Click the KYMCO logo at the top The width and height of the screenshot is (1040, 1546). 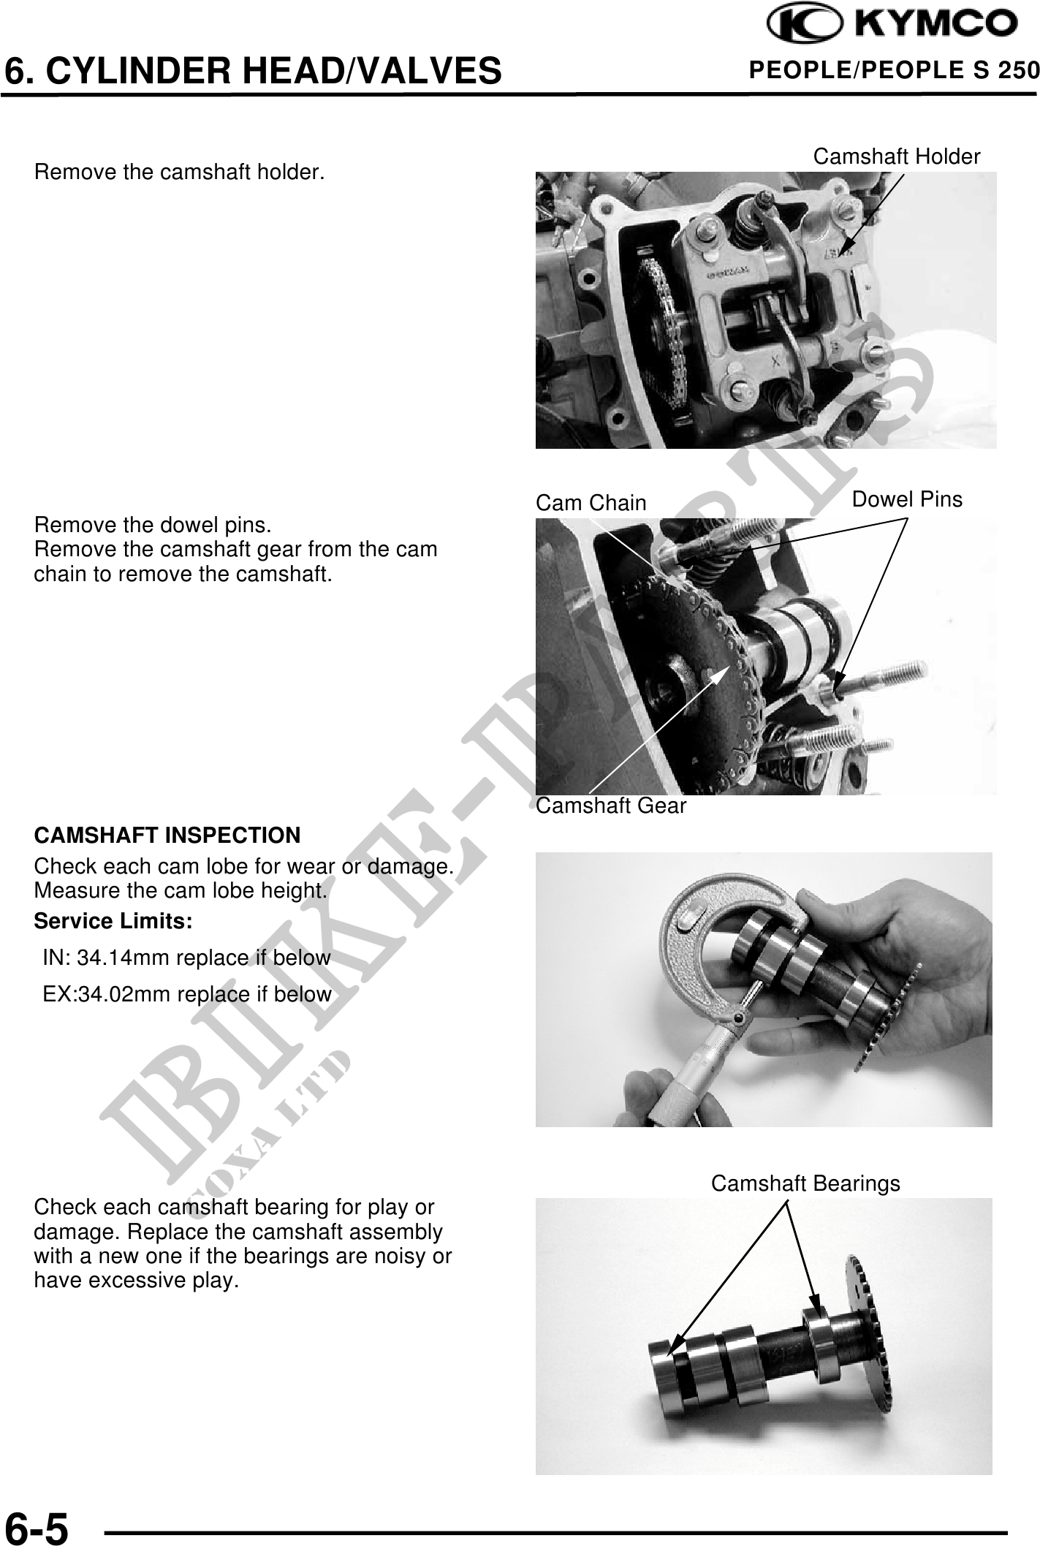click(x=891, y=25)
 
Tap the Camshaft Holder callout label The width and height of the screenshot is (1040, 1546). click(x=897, y=156)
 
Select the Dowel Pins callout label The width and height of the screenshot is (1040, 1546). click(x=908, y=499)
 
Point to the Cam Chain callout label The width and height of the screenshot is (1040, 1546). click(x=591, y=503)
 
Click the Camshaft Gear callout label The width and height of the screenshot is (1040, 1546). click(x=611, y=806)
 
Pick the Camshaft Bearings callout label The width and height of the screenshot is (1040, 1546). click(x=805, y=1183)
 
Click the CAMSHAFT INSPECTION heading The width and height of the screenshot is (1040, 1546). click(x=167, y=835)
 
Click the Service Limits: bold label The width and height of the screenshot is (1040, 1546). click(x=113, y=922)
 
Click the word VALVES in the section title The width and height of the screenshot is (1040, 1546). click(x=429, y=71)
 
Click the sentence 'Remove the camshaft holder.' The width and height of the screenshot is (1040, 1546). click(x=180, y=173)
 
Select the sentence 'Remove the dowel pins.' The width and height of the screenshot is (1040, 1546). click(x=153, y=525)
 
